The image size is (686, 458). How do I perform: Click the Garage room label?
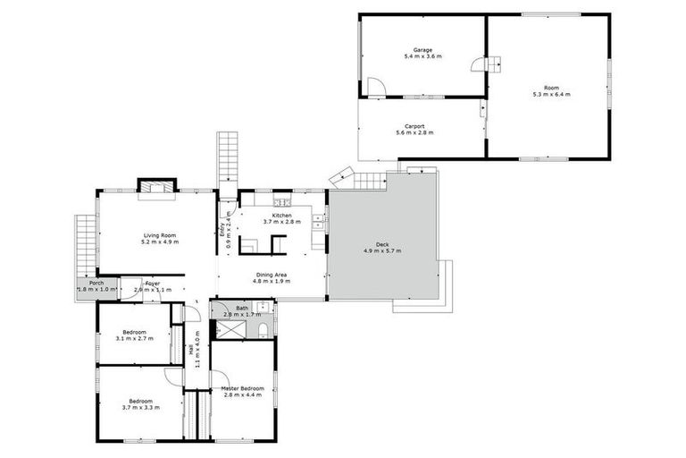[x=422, y=49]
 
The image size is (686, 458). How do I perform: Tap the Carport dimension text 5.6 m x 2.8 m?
[x=414, y=132]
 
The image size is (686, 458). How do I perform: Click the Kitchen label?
[x=281, y=216]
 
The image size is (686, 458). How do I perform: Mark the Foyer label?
[x=152, y=284]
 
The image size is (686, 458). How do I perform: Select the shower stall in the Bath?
[x=230, y=332]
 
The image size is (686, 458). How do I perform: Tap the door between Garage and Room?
[x=492, y=65]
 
